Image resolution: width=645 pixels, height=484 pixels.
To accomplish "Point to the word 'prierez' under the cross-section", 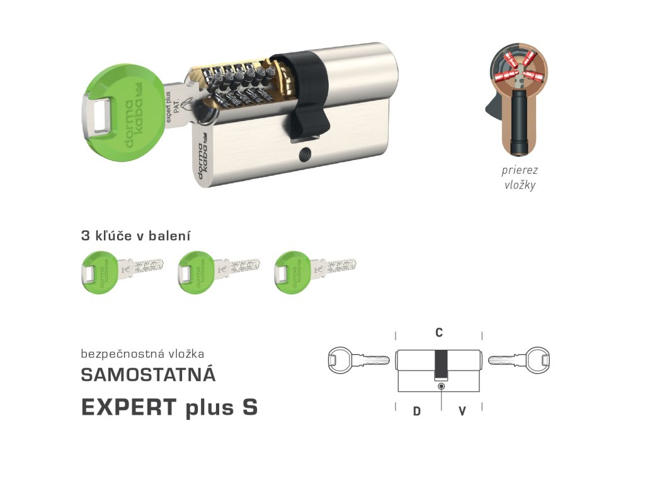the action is point(520,170).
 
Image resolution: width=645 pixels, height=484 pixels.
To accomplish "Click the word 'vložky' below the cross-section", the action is point(520,185).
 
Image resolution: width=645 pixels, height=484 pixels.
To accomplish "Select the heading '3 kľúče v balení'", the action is point(135,236).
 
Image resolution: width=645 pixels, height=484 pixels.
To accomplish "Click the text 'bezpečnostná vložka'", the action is point(142,354).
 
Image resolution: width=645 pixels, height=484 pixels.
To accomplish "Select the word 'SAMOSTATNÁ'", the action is point(149,374).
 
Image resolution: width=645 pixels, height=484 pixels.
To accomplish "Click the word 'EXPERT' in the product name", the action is point(128,407).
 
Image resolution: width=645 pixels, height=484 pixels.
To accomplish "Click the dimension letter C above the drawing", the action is point(439,333).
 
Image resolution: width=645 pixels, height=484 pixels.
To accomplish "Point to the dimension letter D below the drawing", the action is point(416,412).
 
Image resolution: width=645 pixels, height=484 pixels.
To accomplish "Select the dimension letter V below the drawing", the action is point(462,412).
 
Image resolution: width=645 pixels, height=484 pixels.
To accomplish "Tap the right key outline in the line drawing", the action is point(523,361).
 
